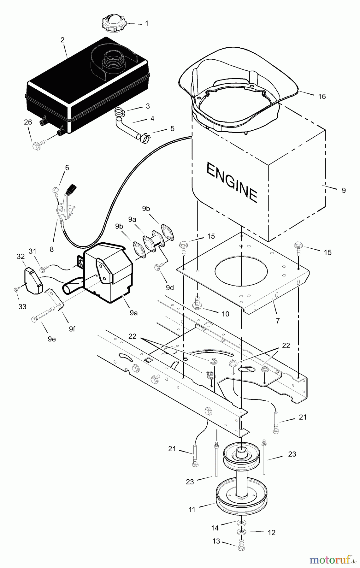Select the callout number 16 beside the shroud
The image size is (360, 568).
pos(322,97)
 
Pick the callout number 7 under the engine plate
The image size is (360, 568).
pos(277,321)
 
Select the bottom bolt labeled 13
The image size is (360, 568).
pos(241,547)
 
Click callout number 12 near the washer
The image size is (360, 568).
pos(271,533)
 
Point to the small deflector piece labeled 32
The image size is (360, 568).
pos(32,280)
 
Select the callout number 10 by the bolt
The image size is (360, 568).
pos(225,314)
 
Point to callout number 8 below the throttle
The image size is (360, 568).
pos(51,249)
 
